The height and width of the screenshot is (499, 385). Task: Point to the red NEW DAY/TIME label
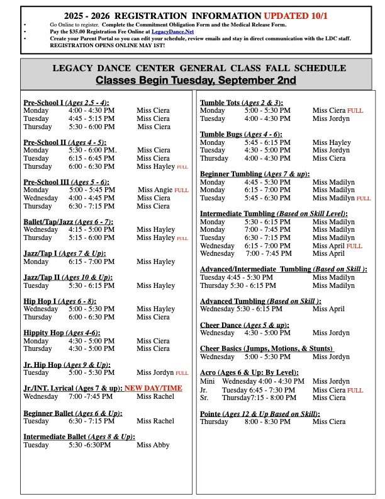pos(153,388)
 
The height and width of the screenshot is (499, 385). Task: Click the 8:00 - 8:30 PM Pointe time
pos(267,422)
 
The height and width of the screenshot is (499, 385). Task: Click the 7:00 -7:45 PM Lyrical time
pos(92,396)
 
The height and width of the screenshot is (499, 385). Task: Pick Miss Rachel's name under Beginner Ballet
pos(155,421)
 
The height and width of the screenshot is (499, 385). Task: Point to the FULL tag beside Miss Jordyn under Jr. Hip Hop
pos(182,373)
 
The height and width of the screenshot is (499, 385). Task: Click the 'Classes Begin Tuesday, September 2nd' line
pos(196,81)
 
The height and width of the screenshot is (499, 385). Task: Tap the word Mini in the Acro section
pos(208,381)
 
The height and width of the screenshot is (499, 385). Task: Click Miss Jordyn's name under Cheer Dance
pos(331,333)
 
